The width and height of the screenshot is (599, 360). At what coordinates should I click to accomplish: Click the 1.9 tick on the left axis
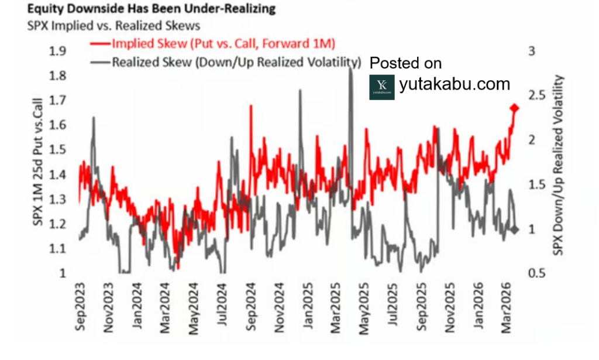click(x=57, y=51)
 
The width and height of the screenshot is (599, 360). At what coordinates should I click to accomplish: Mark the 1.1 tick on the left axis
click(x=57, y=249)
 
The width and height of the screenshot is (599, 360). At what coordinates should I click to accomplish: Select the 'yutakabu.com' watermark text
click(x=455, y=84)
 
